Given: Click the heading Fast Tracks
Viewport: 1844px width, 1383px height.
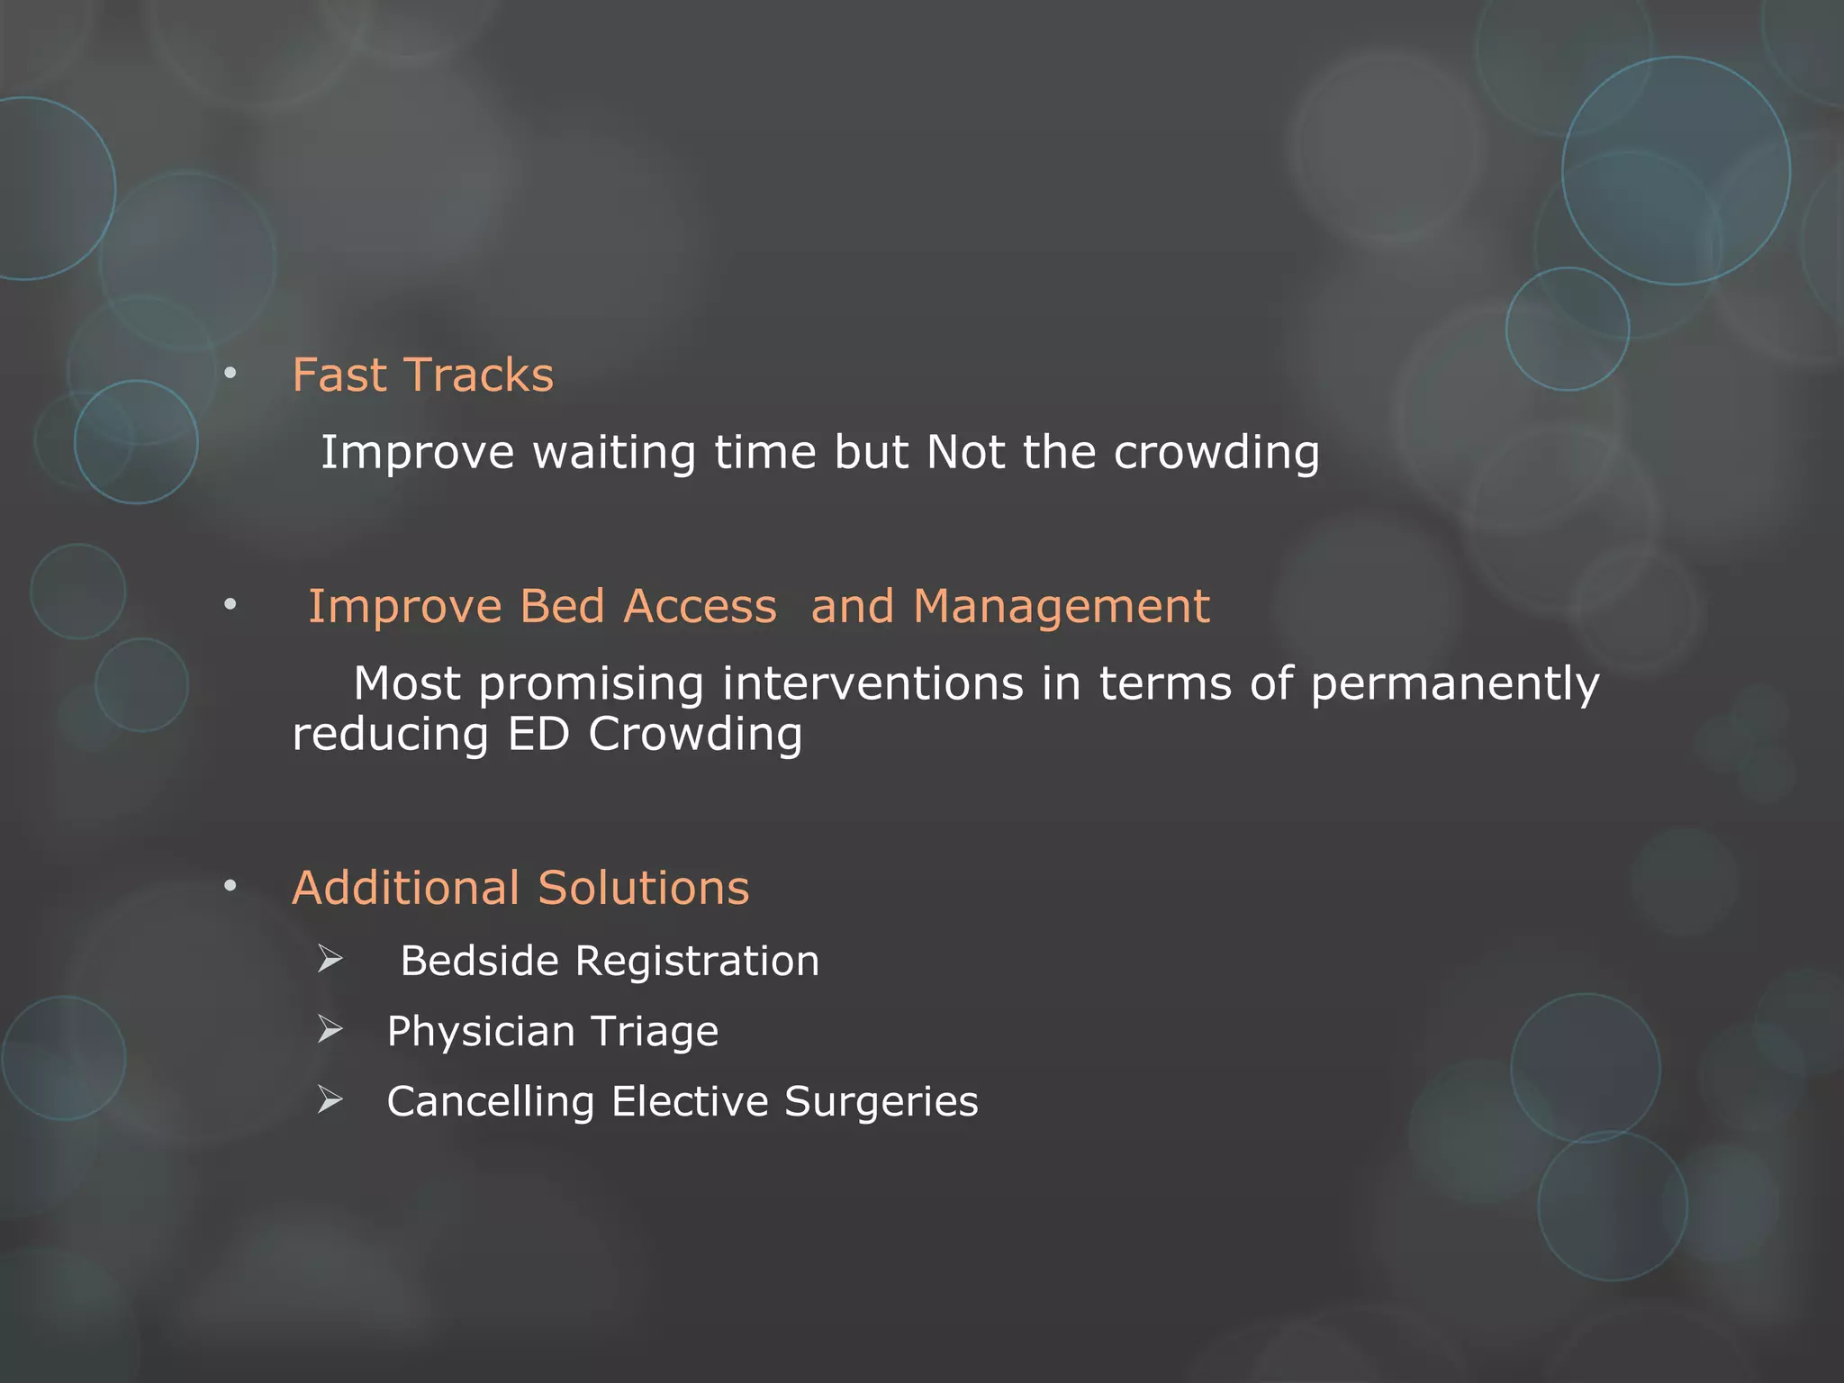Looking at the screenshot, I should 422,375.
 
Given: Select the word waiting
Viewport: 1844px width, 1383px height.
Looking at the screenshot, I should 613,452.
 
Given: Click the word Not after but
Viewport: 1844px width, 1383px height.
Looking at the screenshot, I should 965,452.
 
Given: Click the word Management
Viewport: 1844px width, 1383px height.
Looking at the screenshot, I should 1061,606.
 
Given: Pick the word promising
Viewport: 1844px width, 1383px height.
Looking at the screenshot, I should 591,684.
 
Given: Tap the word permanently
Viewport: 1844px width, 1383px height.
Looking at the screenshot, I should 1454,684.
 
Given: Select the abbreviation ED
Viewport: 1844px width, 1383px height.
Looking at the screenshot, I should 538,735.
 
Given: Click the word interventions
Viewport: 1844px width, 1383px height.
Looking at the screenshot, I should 872,684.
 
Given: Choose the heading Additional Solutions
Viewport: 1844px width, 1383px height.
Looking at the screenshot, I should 520,888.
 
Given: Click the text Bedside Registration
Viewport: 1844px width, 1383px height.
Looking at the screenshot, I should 610,961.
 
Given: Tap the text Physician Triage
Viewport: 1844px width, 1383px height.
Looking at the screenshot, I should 552,1031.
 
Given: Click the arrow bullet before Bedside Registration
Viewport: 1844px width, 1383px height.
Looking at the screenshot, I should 330,960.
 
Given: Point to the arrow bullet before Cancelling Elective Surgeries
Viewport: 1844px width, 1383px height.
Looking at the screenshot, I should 330,1100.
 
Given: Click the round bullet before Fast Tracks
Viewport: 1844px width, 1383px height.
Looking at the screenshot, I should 230,373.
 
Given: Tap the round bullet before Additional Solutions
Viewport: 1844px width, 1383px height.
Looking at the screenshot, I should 230,887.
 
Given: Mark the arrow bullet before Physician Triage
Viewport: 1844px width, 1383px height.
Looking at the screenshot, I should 330,1030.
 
